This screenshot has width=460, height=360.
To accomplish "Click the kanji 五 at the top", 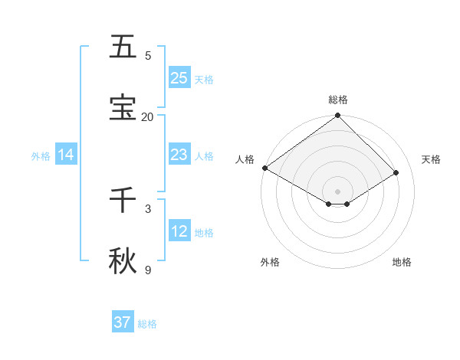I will [x=123, y=47].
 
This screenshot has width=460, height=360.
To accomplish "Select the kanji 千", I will [x=123, y=200].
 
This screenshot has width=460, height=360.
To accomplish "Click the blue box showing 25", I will [x=179, y=78].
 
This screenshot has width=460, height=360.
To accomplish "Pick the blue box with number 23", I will [x=179, y=155].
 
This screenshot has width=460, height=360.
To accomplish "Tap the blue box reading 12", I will [x=179, y=231].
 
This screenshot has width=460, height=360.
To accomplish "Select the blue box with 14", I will [x=66, y=155].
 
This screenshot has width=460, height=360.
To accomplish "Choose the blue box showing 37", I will [x=123, y=322].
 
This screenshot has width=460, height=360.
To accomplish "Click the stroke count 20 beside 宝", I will [x=147, y=116].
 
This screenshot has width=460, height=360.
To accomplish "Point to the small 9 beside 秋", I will [x=148, y=270].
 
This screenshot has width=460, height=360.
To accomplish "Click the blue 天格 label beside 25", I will [x=204, y=79].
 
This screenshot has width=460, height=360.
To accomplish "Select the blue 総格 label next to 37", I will [x=147, y=324].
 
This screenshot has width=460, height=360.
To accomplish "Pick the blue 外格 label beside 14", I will [x=41, y=155].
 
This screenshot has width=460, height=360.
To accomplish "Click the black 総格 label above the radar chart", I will [x=337, y=100].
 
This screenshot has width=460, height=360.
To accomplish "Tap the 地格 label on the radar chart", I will [x=402, y=262].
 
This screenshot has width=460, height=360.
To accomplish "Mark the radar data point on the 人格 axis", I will [x=264, y=168].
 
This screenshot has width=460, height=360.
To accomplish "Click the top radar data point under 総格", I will [x=337, y=116].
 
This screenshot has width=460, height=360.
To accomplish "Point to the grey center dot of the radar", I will [x=337, y=191].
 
